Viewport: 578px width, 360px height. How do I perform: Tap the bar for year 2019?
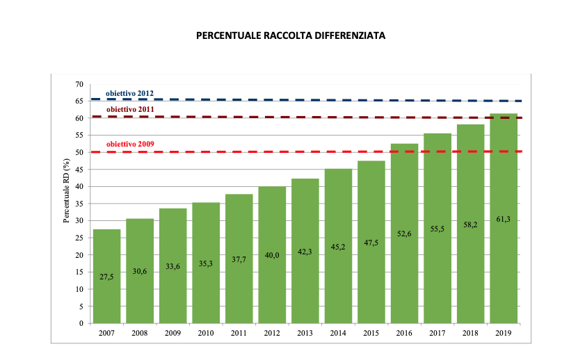click(x=504, y=264)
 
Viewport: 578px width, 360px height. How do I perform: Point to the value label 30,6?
click(x=140, y=271)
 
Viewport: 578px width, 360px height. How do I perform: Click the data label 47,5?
click(x=371, y=243)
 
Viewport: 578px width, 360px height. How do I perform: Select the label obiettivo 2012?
click(x=129, y=93)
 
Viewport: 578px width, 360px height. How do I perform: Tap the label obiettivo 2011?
click(x=129, y=110)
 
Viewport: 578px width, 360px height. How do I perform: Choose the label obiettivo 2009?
click(x=129, y=145)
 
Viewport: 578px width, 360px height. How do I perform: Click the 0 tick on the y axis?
click(x=81, y=323)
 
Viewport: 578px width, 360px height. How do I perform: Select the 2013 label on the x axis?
click(x=305, y=334)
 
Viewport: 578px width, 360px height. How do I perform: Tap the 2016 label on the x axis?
click(x=404, y=334)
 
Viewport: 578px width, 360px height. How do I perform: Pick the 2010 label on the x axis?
click(x=206, y=334)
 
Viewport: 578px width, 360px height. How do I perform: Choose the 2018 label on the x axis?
click(x=470, y=334)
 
